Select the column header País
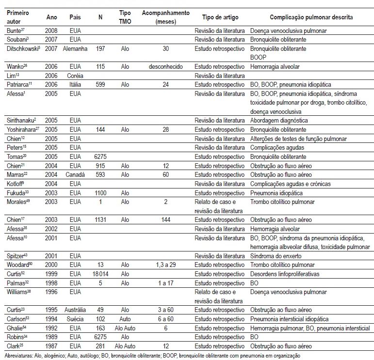click(75, 17)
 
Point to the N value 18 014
click(100, 274)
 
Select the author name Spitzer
click(16, 256)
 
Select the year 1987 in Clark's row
click(51, 346)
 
